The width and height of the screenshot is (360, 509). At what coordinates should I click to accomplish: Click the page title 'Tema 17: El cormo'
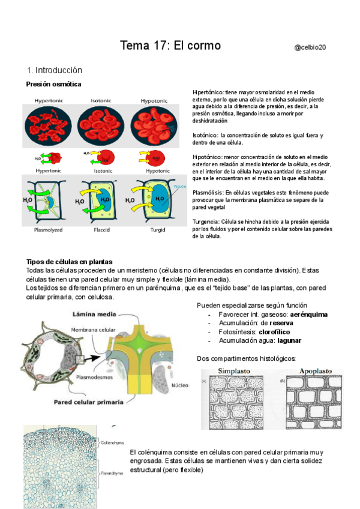click(x=170, y=46)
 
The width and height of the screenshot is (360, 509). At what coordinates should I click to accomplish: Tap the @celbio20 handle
click(x=314, y=47)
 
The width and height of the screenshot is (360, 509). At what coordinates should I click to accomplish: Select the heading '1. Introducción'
click(x=55, y=70)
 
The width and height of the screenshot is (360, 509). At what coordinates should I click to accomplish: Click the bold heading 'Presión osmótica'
click(x=54, y=84)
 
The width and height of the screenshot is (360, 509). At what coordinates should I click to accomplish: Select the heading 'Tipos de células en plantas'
click(x=70, y=262)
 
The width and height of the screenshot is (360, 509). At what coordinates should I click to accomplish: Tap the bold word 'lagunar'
click(x=289, y=340)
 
